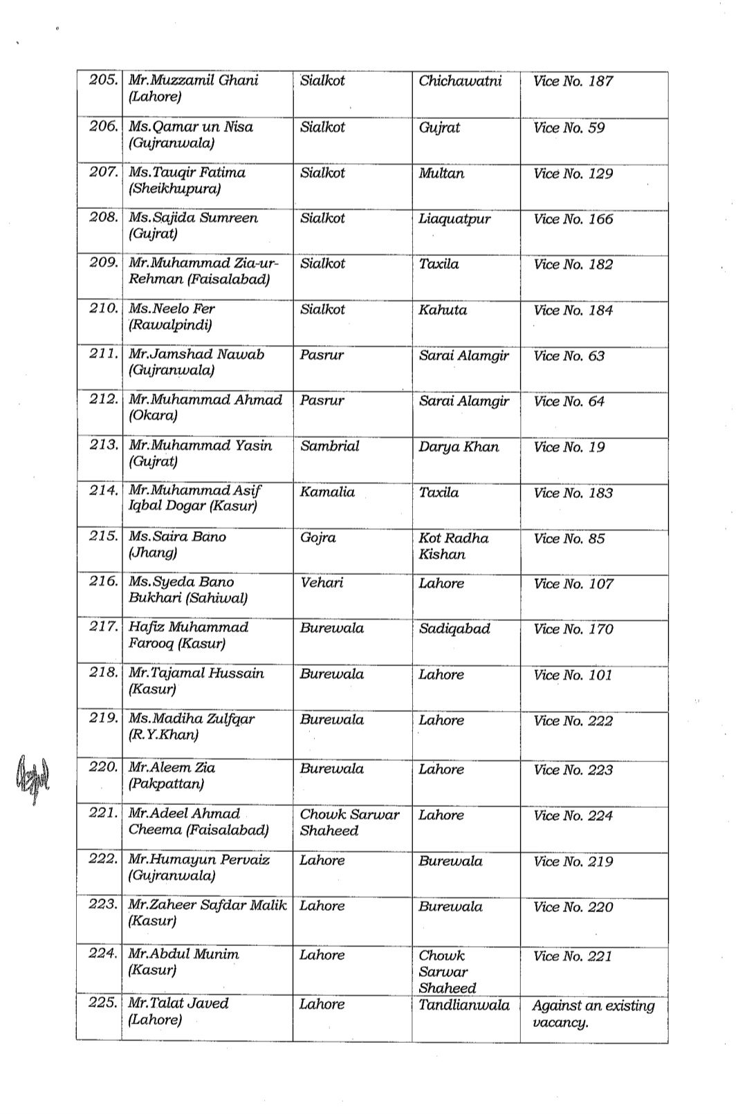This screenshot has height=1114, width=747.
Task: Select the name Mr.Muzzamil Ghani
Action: pos(193,80)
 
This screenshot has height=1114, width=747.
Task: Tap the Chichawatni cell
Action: pos(460,81)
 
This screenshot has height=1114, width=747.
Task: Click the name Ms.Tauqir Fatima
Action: pos(187,172)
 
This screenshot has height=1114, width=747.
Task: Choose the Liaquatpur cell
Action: pos(454,219)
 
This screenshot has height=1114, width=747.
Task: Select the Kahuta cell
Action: pos(443,310)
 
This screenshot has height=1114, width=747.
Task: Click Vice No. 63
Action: pos(569,356)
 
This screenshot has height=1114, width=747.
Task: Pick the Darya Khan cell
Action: pos(459,447)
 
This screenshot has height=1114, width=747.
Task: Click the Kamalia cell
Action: pos(327,492)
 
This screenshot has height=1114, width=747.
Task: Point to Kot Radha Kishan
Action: pos(453,546)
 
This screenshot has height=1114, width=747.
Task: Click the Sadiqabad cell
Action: pos(454,629)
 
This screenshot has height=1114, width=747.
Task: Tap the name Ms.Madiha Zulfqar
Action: pos(192,718)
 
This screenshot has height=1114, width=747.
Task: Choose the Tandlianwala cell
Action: pos(464,1005)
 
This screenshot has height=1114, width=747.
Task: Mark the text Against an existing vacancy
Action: pos(593,1014)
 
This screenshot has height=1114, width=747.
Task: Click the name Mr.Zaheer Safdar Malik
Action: pos(207,905)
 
